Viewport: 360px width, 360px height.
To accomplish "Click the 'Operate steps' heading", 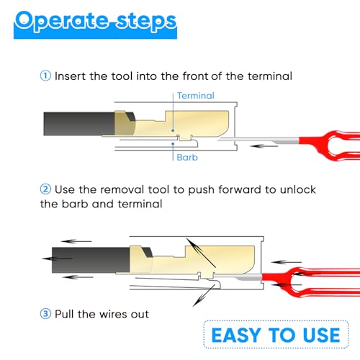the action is [x=96, y=23].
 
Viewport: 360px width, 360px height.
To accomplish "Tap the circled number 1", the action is [x=45, y=76].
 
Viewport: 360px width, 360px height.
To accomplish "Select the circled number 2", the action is [x=45, y=189].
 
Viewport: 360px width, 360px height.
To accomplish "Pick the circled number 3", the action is [x=45, y=314].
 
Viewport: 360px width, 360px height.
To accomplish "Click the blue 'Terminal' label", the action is [x=196, y=96].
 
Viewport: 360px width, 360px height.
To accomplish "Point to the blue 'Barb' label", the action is [x=187, y=158].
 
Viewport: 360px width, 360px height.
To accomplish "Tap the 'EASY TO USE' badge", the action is [x=276, y=334].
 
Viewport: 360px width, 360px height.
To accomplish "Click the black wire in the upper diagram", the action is [x=79, y=124].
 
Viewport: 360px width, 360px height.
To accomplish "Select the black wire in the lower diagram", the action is [x=91, y=260].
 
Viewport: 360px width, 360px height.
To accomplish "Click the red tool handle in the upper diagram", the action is [x=331, y=145].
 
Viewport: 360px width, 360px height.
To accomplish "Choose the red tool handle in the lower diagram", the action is [x=312, y=282].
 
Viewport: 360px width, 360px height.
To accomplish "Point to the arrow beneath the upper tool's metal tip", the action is [x=264, y=145].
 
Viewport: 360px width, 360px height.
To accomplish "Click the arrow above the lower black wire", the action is [x=76, y=241].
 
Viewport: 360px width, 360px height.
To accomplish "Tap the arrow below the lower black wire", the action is [x=78, y=277].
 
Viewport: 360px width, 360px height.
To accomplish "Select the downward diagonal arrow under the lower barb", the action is [x=204, y=295].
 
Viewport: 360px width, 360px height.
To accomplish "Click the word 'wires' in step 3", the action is [x=113, y=314].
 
